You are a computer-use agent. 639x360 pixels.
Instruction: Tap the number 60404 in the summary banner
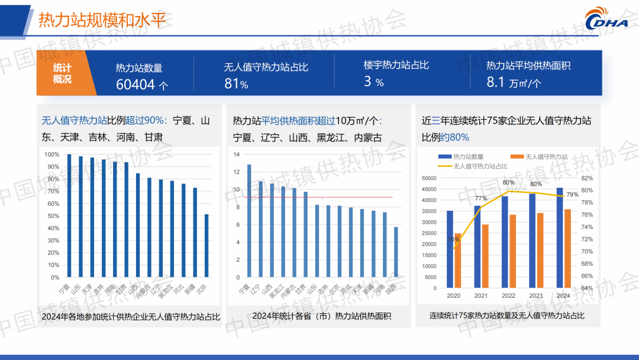pyautogui.click(x=135, y=84)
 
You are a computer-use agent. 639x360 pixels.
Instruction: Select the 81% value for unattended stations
pyautogui.click(x=235, y=84)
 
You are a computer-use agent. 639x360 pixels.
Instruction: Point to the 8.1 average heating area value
pyautogui.click(x=495, y=82)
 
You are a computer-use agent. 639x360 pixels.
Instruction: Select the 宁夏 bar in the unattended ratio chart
pyautogui.click(x=69, y=216)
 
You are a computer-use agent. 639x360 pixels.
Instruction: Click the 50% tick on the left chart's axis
pyautogui.click(x=52, y=216)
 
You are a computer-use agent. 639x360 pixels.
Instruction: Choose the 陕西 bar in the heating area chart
pyautogui.click(x=396, y=252)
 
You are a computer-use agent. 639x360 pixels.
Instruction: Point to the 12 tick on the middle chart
pyautogui.click(x=236, y=172)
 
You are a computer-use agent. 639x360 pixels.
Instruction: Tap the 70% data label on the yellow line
pyautogui.click(x=454, y=239)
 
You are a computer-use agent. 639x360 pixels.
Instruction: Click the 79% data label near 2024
pyautogui.click(x=573, y=194)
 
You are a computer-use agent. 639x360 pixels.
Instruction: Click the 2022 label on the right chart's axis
pyautogui.click(x=508, y=295)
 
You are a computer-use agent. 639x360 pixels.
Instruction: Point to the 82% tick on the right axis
pyautogui.click(x=587, y=178)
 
